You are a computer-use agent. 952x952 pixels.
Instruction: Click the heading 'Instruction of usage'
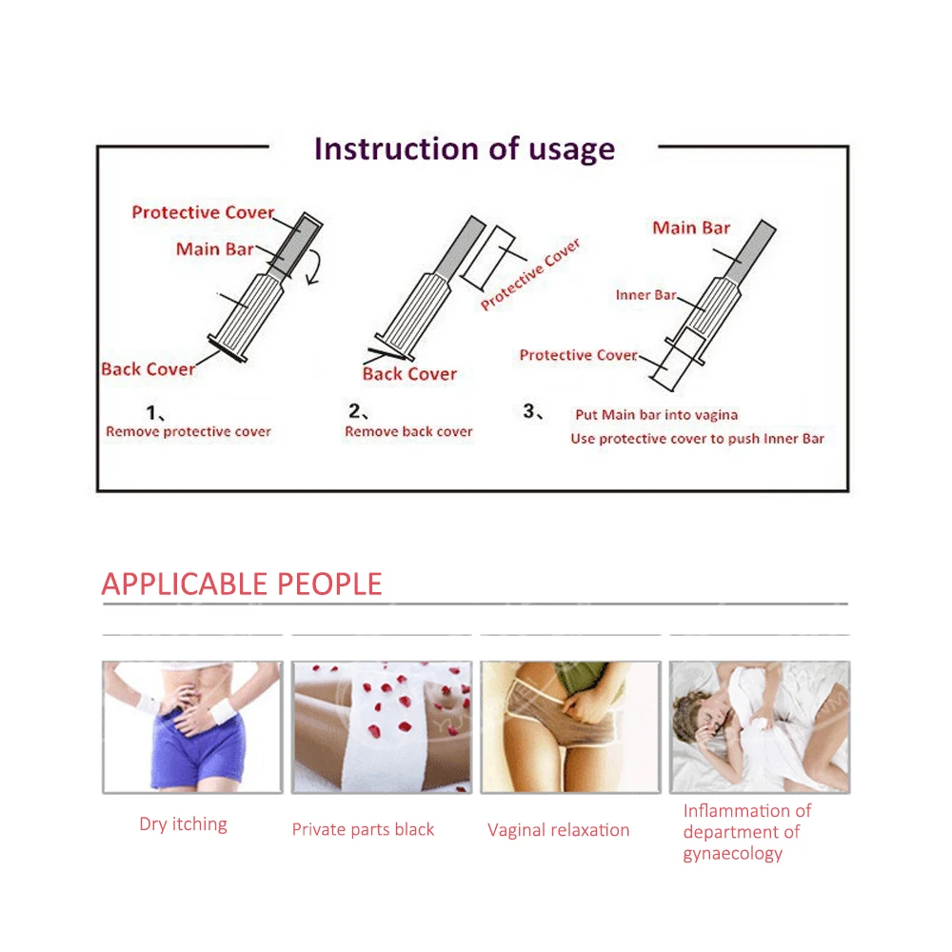pos(465,149)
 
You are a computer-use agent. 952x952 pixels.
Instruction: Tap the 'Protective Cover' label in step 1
pos(203,212)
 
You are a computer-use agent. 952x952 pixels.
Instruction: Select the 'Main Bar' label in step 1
pos(215,248)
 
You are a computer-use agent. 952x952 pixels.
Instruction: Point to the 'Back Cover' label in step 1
pos(149,369)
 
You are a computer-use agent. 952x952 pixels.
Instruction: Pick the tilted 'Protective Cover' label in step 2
pos(530,274)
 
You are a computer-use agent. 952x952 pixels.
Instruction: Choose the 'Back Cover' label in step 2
pos(409,373)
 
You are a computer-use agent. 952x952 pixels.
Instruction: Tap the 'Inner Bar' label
pos(646,295)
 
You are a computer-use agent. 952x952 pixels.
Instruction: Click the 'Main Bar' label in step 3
pos(691,228)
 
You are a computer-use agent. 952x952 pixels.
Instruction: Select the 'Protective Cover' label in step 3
pos(578,354)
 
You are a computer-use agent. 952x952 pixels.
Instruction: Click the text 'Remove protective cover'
pos(188,431)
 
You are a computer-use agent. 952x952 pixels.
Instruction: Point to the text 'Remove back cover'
pos(408,431)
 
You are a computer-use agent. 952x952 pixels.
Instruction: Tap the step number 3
pos(529,411)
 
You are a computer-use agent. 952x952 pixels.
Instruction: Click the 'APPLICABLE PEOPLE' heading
pos(242,585)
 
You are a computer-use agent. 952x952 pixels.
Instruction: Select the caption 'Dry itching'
pos(184,823)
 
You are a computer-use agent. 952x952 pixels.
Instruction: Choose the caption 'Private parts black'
pos(363,829)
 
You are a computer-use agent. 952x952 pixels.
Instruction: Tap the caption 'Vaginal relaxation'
pos(559,830)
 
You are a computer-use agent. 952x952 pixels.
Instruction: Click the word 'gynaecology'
pos(733,854)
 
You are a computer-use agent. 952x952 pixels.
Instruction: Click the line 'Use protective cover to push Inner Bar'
pos(698,439)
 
